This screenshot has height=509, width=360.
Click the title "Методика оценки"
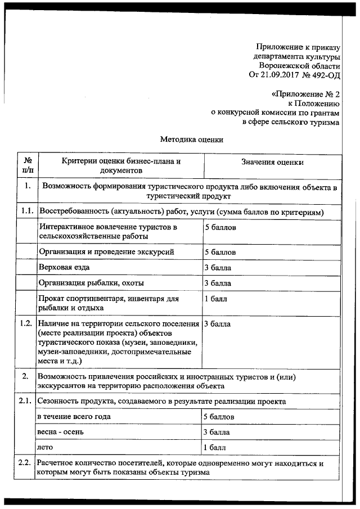(192, 140)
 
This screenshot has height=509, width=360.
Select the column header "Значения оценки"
(272, 163)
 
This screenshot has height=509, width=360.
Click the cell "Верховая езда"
(64, 267)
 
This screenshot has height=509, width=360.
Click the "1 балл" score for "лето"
(215, 448)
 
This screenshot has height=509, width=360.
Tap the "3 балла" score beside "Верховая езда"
(217, 267)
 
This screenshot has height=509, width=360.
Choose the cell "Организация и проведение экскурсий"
(110, 251)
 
